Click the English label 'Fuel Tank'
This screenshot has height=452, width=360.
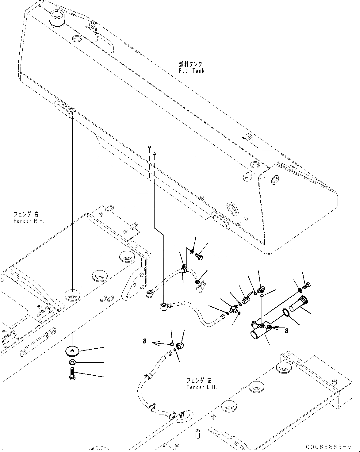(x=191, y=71)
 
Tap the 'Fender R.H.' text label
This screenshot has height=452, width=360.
(x=29, y=221)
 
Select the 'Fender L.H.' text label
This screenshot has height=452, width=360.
(x=201, y=387)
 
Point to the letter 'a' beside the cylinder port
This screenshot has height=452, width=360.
(x=287, y=330)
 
